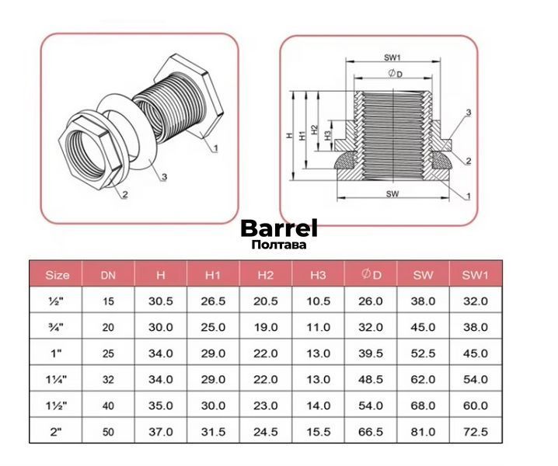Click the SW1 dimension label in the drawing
tap(392, 57)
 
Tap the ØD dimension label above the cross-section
tap(395, 74)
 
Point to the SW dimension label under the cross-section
tap(392, 194)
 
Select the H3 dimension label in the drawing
tap(328, 134)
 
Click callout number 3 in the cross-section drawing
tap(469, 113)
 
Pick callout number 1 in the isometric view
tap(215, 148)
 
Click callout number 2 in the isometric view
tap(125, 194)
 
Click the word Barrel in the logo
tap(279, 228)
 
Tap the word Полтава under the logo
tap(279, 245)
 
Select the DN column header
tap(108, 275)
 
